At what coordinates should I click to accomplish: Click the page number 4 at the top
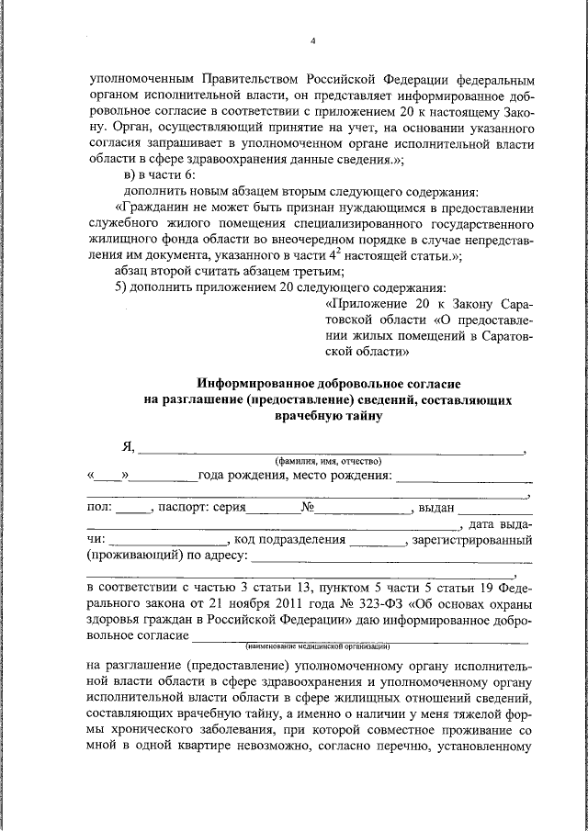click(312, 41)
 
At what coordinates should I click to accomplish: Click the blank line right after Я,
click(331, 449)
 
